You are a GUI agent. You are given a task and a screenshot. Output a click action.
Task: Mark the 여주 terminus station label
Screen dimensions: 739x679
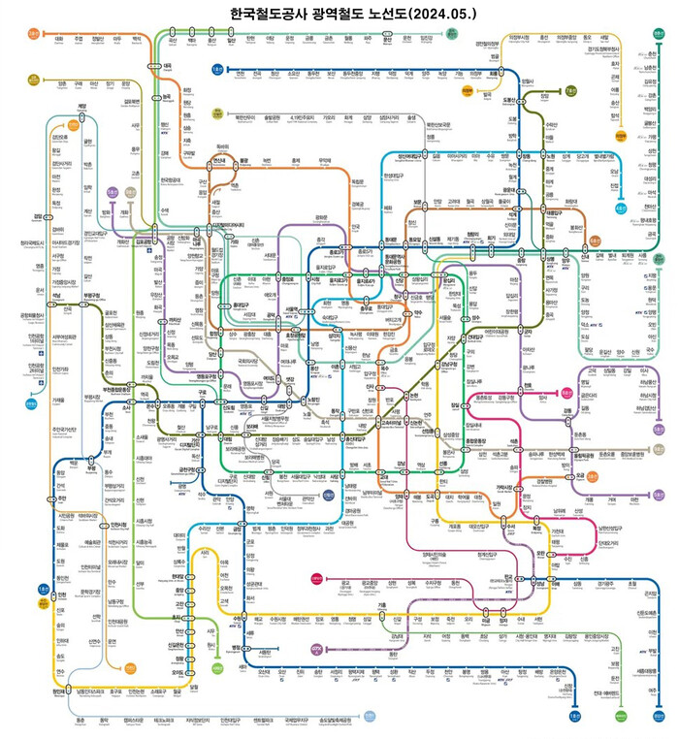[645, 690]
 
